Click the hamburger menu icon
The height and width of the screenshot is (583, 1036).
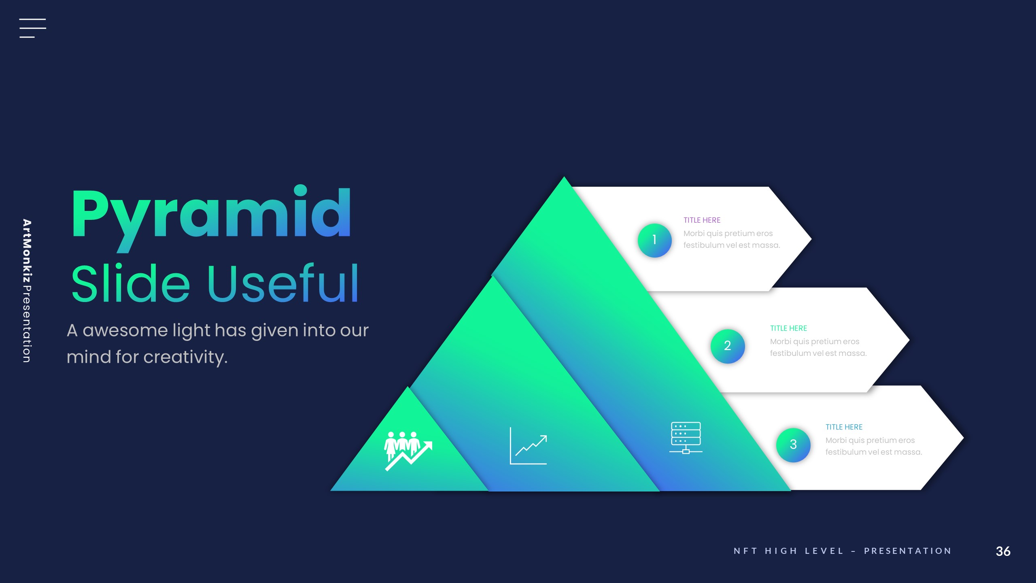click(32, 28)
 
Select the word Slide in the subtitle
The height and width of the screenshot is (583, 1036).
click(130, 283)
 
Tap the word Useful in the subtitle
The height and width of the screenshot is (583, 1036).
click(283, 283)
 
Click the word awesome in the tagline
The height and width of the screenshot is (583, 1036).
click(125, 330)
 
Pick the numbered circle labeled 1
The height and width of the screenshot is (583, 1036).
click(654, 240)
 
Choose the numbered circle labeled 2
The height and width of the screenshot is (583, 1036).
click(727, 346)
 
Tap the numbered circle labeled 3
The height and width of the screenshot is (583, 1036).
click(793, 445)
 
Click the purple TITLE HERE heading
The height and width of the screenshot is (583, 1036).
click(702, 220)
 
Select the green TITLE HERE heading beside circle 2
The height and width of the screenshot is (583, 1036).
click(788, 328)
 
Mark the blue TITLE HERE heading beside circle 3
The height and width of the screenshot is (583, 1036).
click(844, 427)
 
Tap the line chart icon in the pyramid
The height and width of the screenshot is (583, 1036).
click(529, 446)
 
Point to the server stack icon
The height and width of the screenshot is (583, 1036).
click(686, 438)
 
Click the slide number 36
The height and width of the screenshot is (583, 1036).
click(1003, 551)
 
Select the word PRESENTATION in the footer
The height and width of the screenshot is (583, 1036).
click(908, 551)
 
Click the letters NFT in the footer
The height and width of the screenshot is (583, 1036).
click(745, 551)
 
